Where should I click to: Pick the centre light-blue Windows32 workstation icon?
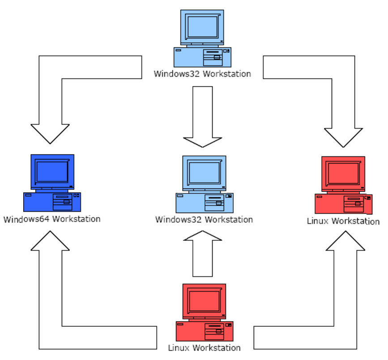[204, 184]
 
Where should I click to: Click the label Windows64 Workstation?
[52, 219]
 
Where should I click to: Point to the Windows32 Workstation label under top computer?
[202, 74]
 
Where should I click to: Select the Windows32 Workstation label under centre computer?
[204, 219]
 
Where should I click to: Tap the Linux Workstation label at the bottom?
[204, 348]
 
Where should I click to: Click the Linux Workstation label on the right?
[343, 221]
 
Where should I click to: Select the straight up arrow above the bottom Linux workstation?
[203, 255]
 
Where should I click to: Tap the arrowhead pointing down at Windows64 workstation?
[50, 132]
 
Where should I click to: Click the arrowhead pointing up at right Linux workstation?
[345, 242]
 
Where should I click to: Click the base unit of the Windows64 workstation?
[52, 202]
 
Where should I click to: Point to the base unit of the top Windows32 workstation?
[203, 57]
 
